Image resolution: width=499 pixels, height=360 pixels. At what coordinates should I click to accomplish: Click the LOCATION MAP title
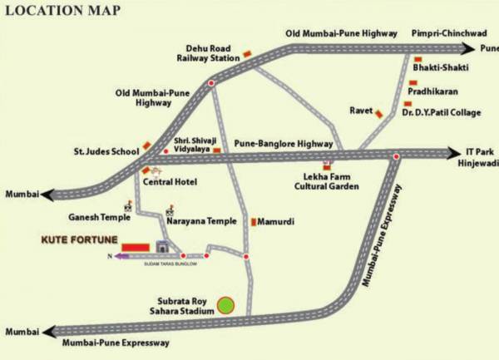[62, 11]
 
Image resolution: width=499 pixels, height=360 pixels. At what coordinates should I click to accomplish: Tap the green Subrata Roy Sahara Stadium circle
[225, 305]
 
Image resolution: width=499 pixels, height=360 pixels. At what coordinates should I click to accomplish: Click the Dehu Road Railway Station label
[207, 54]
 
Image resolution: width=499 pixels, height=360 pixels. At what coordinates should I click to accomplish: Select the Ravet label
[359, 107]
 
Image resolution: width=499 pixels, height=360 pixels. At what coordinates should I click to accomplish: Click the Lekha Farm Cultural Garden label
[332, 181]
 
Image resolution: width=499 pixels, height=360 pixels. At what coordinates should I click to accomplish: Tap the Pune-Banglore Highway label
[283, 143]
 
